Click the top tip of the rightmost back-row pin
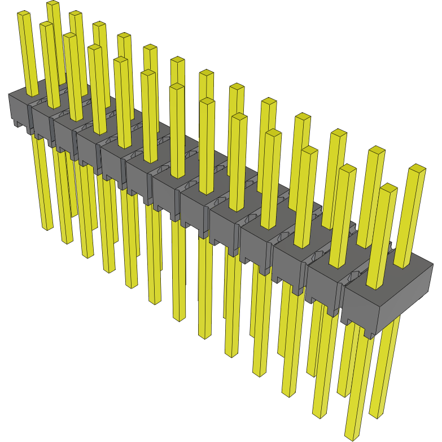pos(417,168)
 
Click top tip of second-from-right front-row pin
pos(348,168)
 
